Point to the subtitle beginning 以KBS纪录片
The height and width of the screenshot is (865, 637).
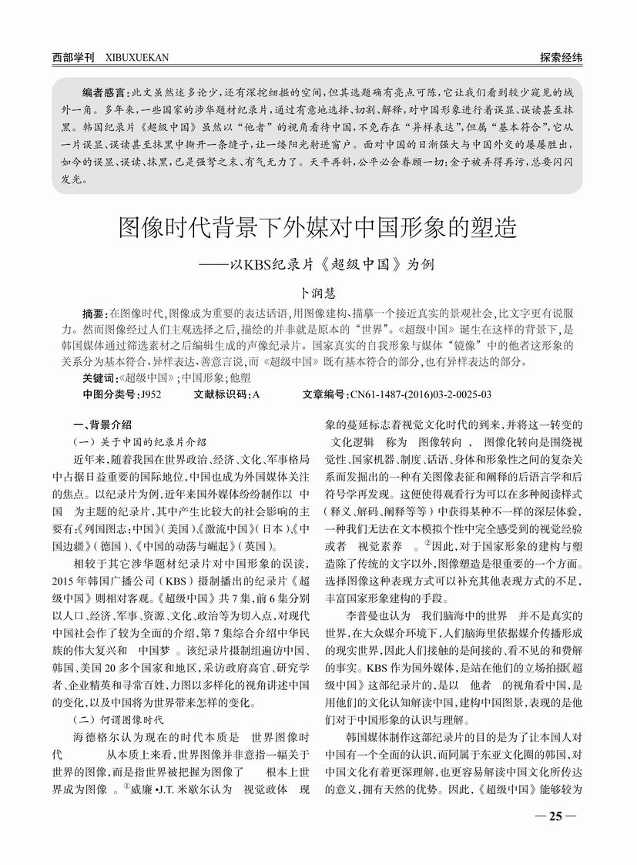pos(331,264)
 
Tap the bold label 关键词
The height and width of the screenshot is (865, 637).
pos(100,378)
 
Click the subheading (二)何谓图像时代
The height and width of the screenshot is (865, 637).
pos(117,720)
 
